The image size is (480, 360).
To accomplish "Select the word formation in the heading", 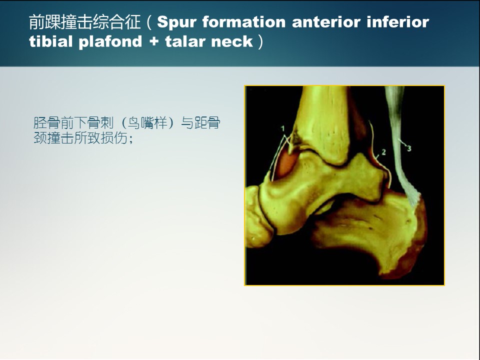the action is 244,21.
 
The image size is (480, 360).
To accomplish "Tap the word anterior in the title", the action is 326,21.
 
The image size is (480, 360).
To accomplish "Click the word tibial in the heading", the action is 51,41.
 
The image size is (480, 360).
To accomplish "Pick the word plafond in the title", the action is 110,42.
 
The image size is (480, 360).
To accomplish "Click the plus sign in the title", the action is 154,41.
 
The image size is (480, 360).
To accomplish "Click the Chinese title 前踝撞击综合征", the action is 85,22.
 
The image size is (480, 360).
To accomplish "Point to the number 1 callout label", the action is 283,128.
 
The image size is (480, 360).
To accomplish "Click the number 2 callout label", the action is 383,152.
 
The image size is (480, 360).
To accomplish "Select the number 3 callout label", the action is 409,148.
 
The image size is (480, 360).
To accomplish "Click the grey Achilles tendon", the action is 400,147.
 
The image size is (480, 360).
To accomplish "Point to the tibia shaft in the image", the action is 324,122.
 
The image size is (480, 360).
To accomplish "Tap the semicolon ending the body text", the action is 131,140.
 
